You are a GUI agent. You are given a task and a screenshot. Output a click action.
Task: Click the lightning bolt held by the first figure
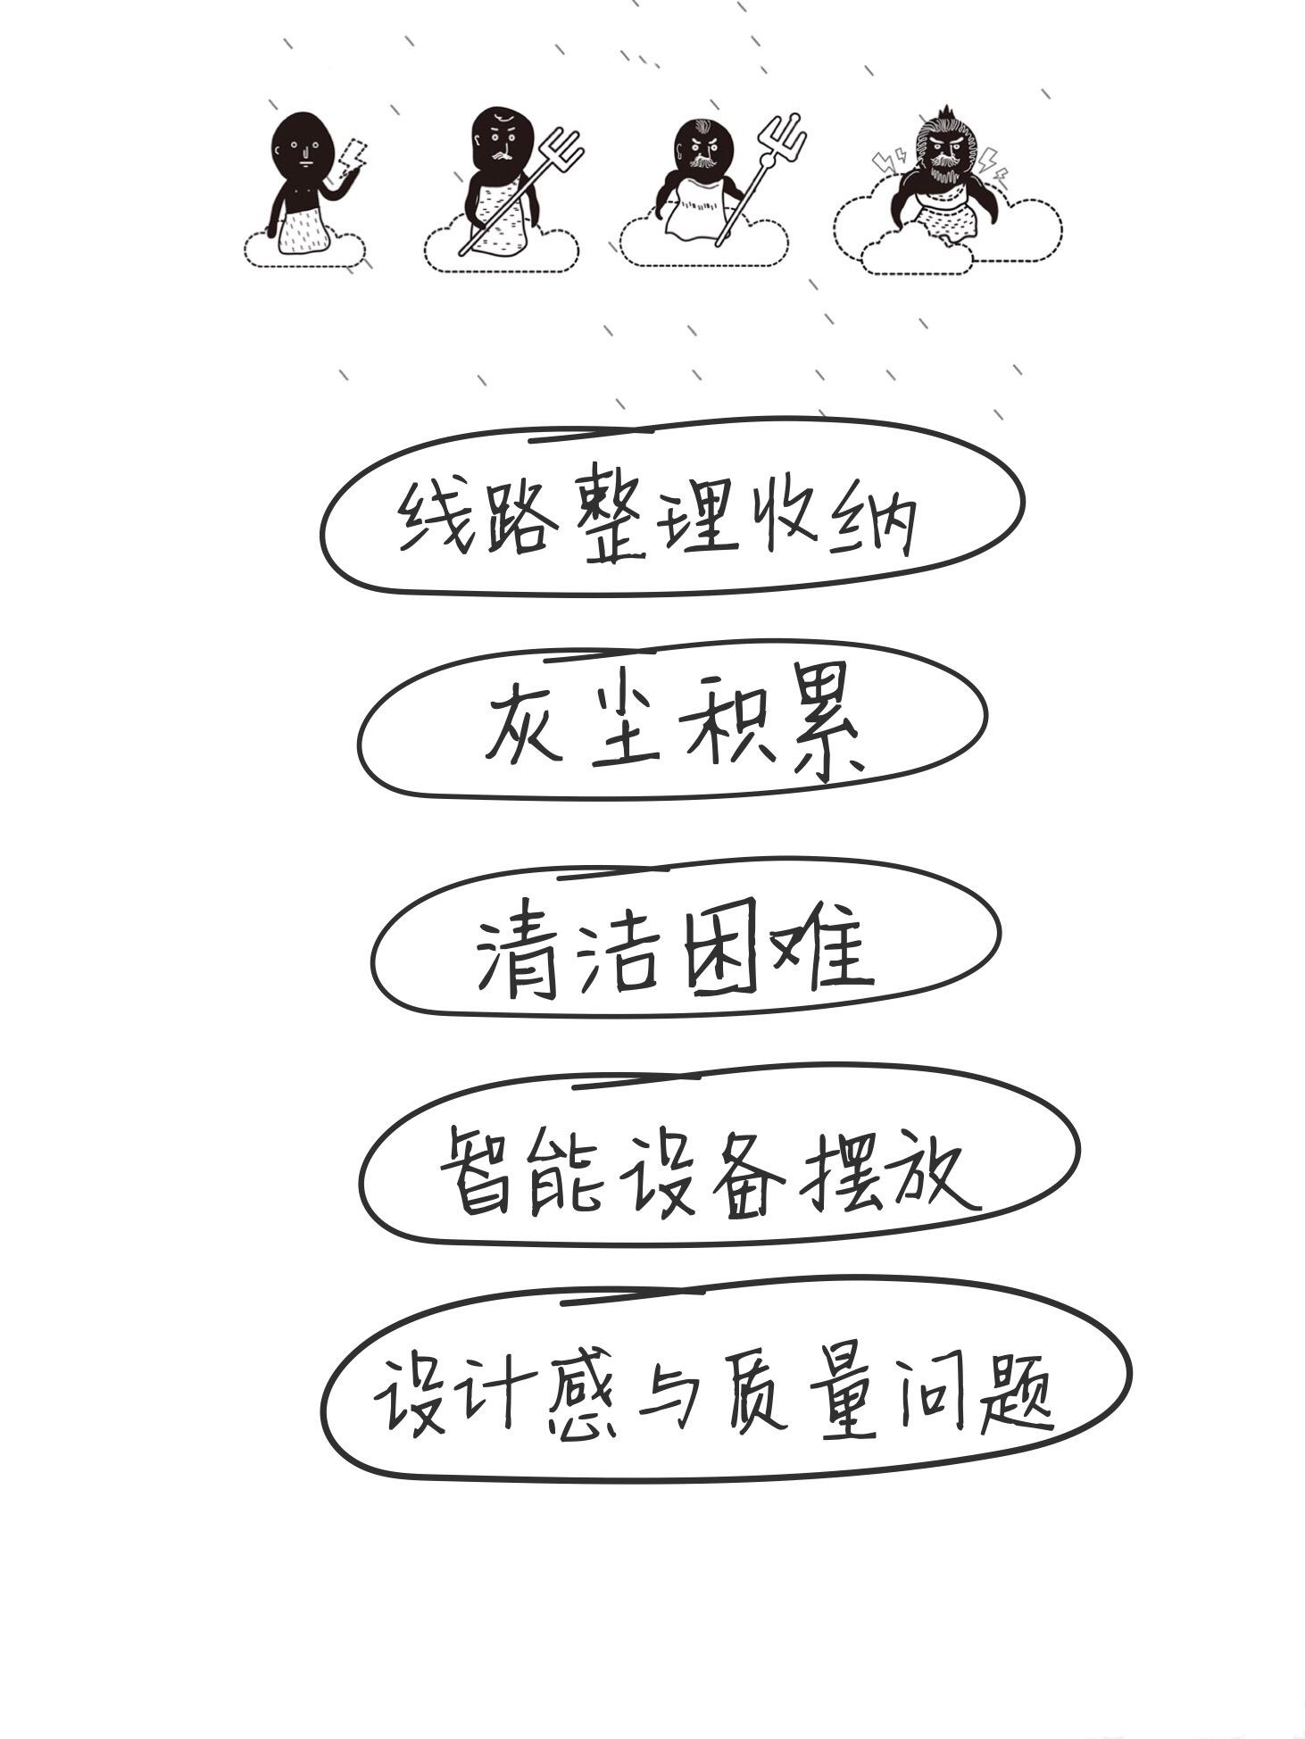coord(353,155)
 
